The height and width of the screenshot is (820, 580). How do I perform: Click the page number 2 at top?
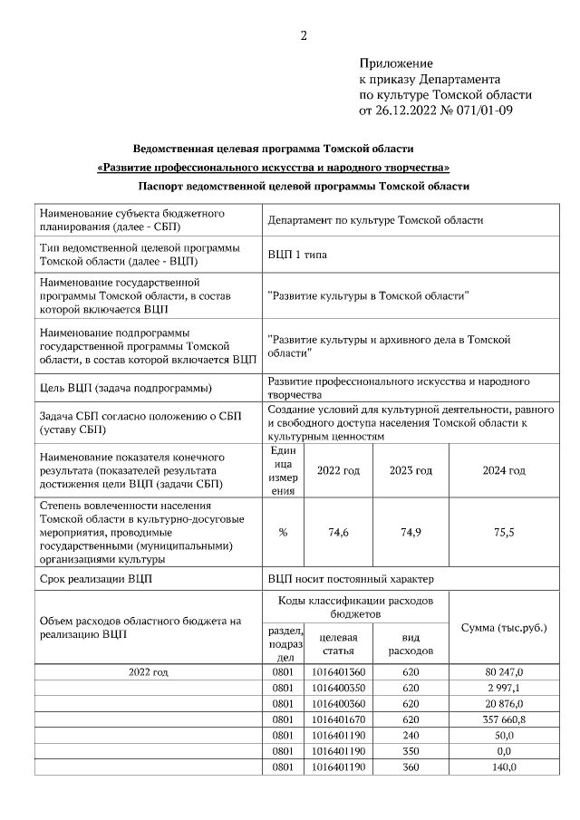coord(304,36)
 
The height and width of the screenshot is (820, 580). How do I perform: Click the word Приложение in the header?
coord(396,63)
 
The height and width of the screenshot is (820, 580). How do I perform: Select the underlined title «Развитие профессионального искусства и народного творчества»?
coord(273,168)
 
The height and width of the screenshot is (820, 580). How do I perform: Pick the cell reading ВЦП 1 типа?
coord(297,255)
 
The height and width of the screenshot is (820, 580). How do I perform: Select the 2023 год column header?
coord(411,470)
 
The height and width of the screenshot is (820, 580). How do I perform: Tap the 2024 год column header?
coord(503,470)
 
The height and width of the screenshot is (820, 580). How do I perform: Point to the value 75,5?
coord(503,532)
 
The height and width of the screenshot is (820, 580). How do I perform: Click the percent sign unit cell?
coord(283,532)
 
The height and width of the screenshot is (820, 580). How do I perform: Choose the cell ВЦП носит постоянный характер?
coord(352,578)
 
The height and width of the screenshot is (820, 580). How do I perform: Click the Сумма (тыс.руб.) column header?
coord(504,627)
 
